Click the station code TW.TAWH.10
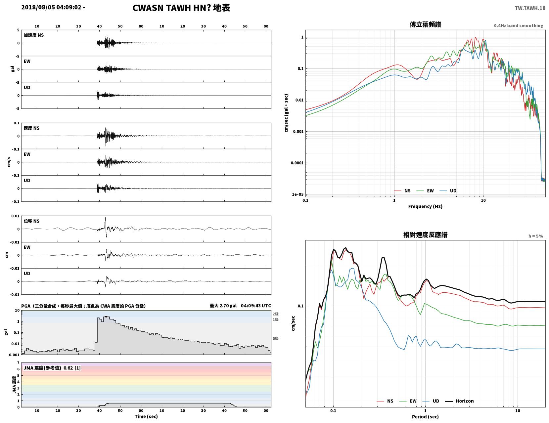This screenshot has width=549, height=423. pyautogui.click(x=530, y=8)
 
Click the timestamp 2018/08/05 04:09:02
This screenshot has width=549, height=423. pyautogui.click(x=51, y=7)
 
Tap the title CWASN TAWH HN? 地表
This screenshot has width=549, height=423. pyautogui.click(x=181, y=8)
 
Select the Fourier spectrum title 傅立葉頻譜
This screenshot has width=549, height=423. pyautogui.click(x=425, y=24)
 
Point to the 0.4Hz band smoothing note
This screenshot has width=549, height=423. pyautogui.click(x=518, y=25)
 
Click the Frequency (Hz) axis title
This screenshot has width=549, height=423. pyautogui.click(x=425, y=206)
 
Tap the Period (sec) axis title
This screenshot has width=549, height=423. pyautogui.click(x=425, y=417)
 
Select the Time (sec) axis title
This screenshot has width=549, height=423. pyautogui.click(x=146, y=416)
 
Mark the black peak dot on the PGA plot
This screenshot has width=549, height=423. pyautogui.click(x=106, y=317)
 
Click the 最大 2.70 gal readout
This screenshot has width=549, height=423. pyautogui.click(x=223, y=306)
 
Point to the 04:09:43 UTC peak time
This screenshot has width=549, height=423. pyautogui.click(x=256, y=306)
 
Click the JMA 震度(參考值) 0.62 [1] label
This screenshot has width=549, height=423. pyautogui.click(x=52, y=368)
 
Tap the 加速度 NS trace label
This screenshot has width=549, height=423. pyautogui.click(x=34, y=35)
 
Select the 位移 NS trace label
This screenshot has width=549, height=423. pyautogui.click(x=31, y=221)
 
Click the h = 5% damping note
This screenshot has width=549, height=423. pyautogui.click(x=535, y=236)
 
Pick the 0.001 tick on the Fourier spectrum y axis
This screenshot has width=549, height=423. pyautogui.click(x=298, y=132)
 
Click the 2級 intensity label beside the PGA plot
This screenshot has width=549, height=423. pyautogui.click(x=275, y=314)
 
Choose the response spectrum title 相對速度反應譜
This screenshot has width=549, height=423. pyautogui.click(x=425, y=235)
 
